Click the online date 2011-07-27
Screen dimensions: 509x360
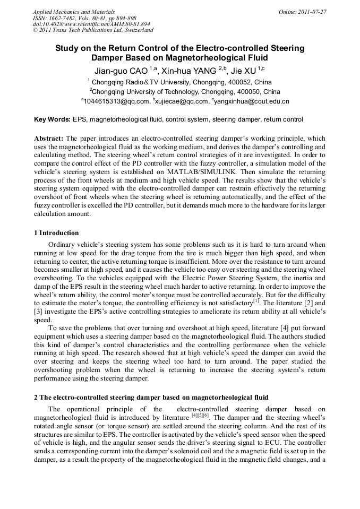click(313, 12)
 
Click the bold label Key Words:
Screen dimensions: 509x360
click(52, 119)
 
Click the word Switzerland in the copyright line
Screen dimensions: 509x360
click(139, 31)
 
